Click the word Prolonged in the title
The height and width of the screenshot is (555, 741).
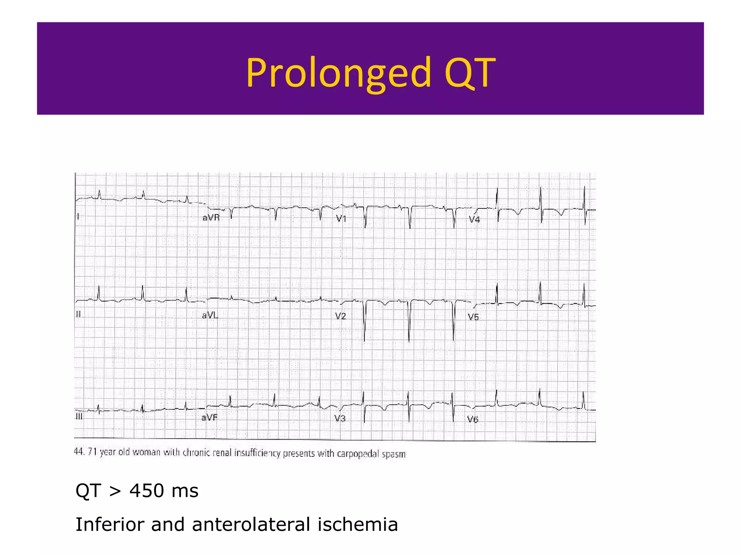click(339, 73)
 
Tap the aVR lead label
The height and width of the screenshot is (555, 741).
click(211, 218)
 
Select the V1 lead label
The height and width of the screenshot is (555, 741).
click(341, 218)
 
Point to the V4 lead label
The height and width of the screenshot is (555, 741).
click(474, 219)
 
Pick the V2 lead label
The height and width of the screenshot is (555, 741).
click(341, 317)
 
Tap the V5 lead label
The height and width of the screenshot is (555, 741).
click(473, 317)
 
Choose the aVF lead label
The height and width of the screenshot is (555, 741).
click(209, 418)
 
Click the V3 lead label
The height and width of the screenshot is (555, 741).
click(340, 418)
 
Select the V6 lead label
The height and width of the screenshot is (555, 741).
click(473, 419)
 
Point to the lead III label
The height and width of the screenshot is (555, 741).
click(79, 417)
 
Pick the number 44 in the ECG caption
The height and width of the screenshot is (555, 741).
click(79, 452)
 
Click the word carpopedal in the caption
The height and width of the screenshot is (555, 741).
click(358, 454)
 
